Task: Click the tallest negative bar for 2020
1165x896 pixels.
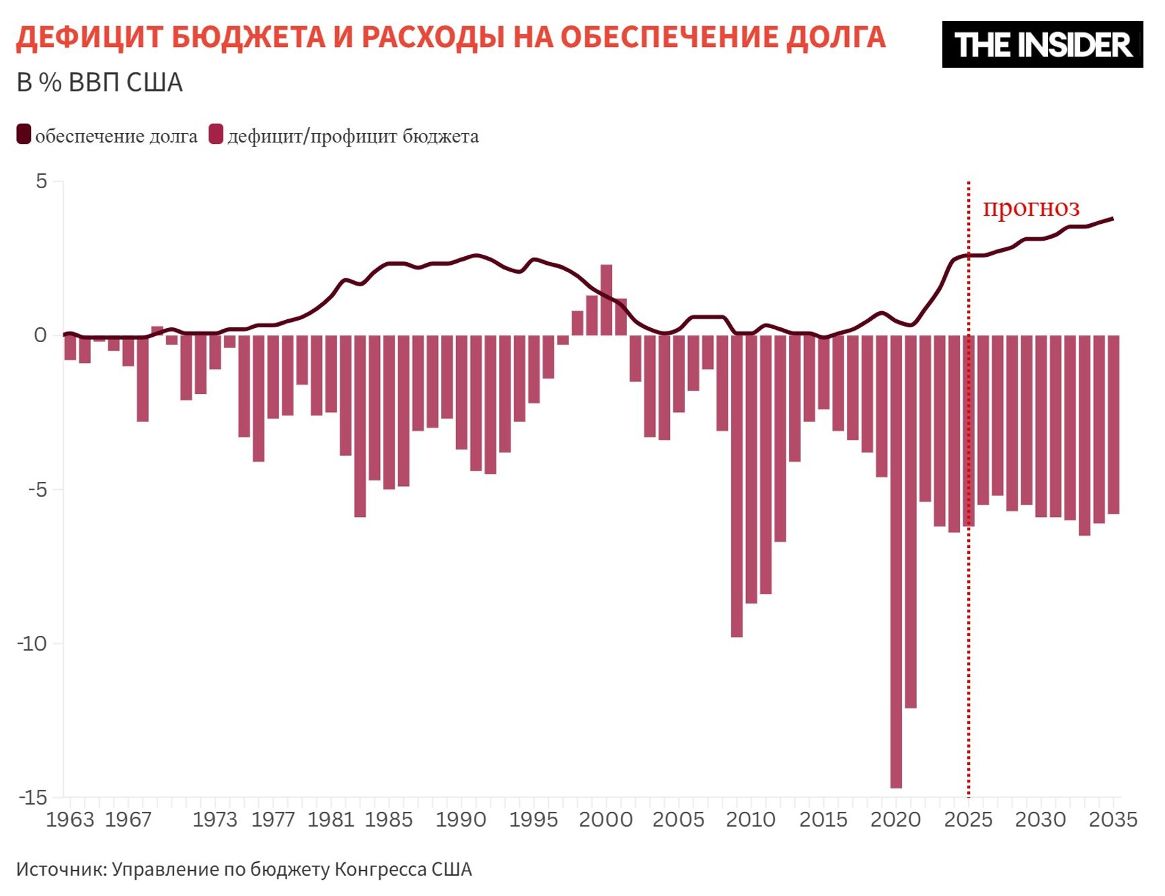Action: [x=896, y=561]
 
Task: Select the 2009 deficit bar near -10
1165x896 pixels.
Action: [x=737, y=485]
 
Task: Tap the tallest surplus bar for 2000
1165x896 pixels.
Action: [x=606, y=300]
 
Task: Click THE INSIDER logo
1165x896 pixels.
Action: [x=1042, y=44]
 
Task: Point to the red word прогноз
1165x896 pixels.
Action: [x=1030, y=207]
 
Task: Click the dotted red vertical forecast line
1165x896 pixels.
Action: [x=969, y=605]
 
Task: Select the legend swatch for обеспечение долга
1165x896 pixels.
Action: [x=24, y=134]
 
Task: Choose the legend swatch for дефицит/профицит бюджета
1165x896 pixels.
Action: [x=215, y=134]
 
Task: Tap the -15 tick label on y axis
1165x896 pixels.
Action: [x=34, y=798]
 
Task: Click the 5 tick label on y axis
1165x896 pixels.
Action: [x=42, y=181]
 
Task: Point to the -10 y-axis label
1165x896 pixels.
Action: [x=32, y=643]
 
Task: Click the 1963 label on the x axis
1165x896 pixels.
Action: [x=70, y=819]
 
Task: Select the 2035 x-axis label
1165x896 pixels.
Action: [x=1113, y=819]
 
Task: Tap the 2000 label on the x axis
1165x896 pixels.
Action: [x=605, y=819]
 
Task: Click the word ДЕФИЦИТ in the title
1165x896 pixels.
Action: [x=89, y=38]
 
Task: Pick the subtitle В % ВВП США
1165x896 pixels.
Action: [x=100, y=83]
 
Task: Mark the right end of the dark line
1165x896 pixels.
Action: [x=1113, y=218]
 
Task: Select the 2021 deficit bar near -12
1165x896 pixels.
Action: [x=911, y=521]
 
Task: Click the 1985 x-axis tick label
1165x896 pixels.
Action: [x=388, y=819]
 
